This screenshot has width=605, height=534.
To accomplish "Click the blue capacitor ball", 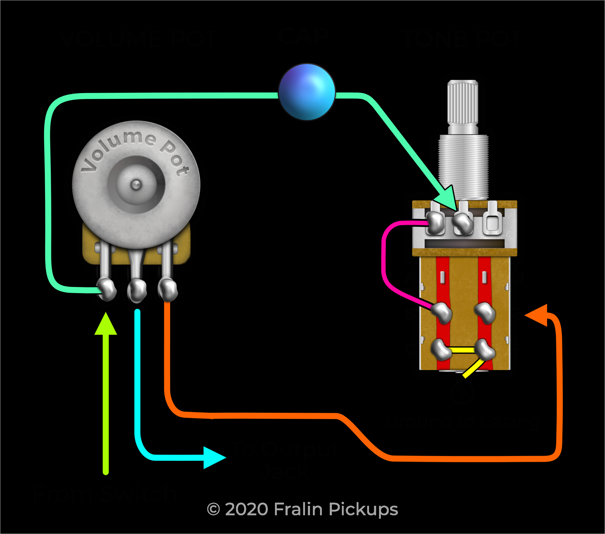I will tap(307, 92).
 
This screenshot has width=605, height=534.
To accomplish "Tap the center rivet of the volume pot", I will tap(136, 185).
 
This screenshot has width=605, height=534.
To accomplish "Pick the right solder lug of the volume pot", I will tap(168, 289).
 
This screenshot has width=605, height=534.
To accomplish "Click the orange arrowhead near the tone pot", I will tap(537, 315).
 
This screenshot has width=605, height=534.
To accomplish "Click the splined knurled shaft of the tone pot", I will tap(463, 104).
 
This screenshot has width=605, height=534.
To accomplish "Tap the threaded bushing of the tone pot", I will tap(463, 166).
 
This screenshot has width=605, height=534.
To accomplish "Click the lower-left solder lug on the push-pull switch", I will tap(441, 349).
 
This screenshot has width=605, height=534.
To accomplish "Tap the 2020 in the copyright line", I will tap(247, 509).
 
